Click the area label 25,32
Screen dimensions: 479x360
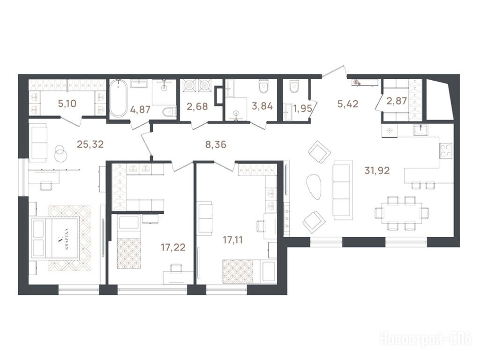pyautogui.click(x=90, y=144)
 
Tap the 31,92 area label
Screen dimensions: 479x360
pyautogui.click(x=377, y=170)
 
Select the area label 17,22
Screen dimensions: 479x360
pyautogui.click(x=173, y=247)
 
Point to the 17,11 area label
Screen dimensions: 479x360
pyautogui.click(x=233, y=240)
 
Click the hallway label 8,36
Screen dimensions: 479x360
pyautogui.click(x=216, y=144)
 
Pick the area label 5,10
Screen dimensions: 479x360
pyautogui.click(x=67, y=104)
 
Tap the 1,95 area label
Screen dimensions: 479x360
pyautogui.click(x=302, y=108)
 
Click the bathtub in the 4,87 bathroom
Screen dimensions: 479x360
pyautogui.click(x=118, y=98)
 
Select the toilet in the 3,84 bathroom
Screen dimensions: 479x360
pyautogui.click(x=263, y=86)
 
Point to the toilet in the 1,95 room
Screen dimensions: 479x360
pyautogui.click(x=293, y=86)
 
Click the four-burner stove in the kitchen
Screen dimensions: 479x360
pyautogui.click(x=446, y=150)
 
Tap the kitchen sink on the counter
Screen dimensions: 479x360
pyautogui.click(x=421, y=130)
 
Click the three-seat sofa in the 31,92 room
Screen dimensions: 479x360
pyautogui.click(x=343, y=190)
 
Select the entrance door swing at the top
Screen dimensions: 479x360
pyautogui.click(x=334, y=72)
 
